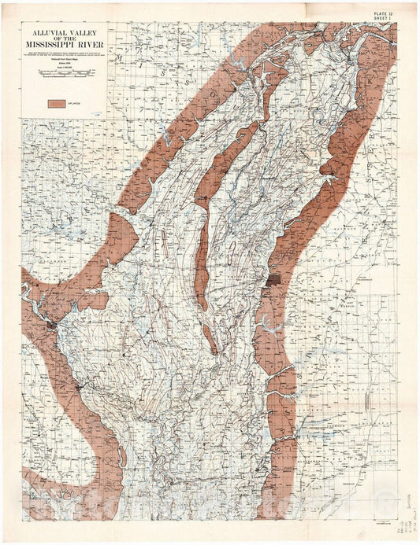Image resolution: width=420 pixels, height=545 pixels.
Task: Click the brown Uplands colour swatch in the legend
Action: click(x=55, y=104)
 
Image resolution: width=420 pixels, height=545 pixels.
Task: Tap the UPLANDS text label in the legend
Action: click(x=76, y=104)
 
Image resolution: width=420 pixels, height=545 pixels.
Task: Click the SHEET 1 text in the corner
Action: click(x=385, y=20)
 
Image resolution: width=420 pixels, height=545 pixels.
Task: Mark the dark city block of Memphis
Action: click(x=273, y=280)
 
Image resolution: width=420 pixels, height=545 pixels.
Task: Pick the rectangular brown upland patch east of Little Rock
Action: click(x=92, y=300)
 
